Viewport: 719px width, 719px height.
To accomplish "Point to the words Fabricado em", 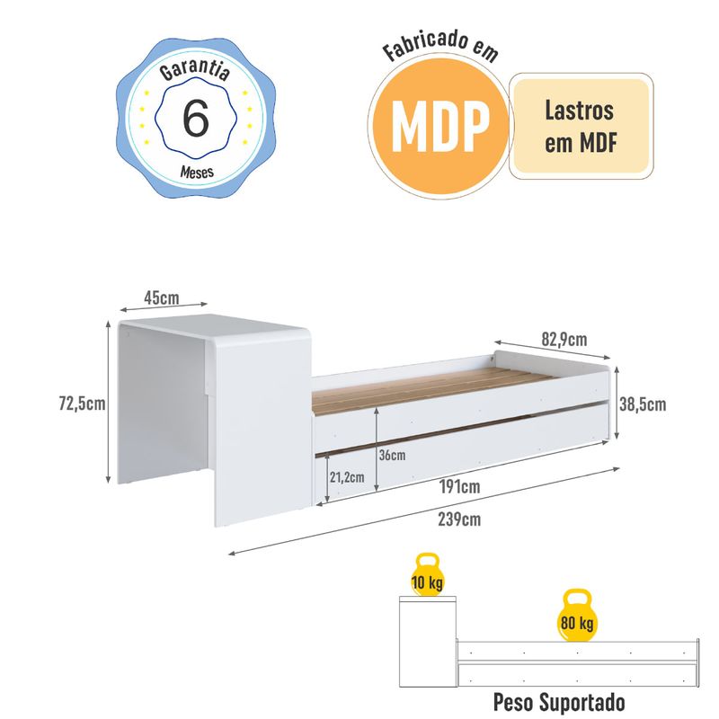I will tap(439, 48).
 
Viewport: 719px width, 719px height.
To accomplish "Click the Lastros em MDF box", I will tap(580, 127).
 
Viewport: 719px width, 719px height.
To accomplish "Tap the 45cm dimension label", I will tap(163, 297).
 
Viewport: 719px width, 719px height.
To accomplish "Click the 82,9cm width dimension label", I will tap(564, 340).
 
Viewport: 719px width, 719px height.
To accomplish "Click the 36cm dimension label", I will tap(392, 455).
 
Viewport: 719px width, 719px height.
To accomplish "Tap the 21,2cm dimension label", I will tap(347, 477).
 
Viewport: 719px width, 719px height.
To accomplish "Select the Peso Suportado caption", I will tap(559, 700).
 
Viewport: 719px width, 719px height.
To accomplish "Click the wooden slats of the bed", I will tap(431, 382).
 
